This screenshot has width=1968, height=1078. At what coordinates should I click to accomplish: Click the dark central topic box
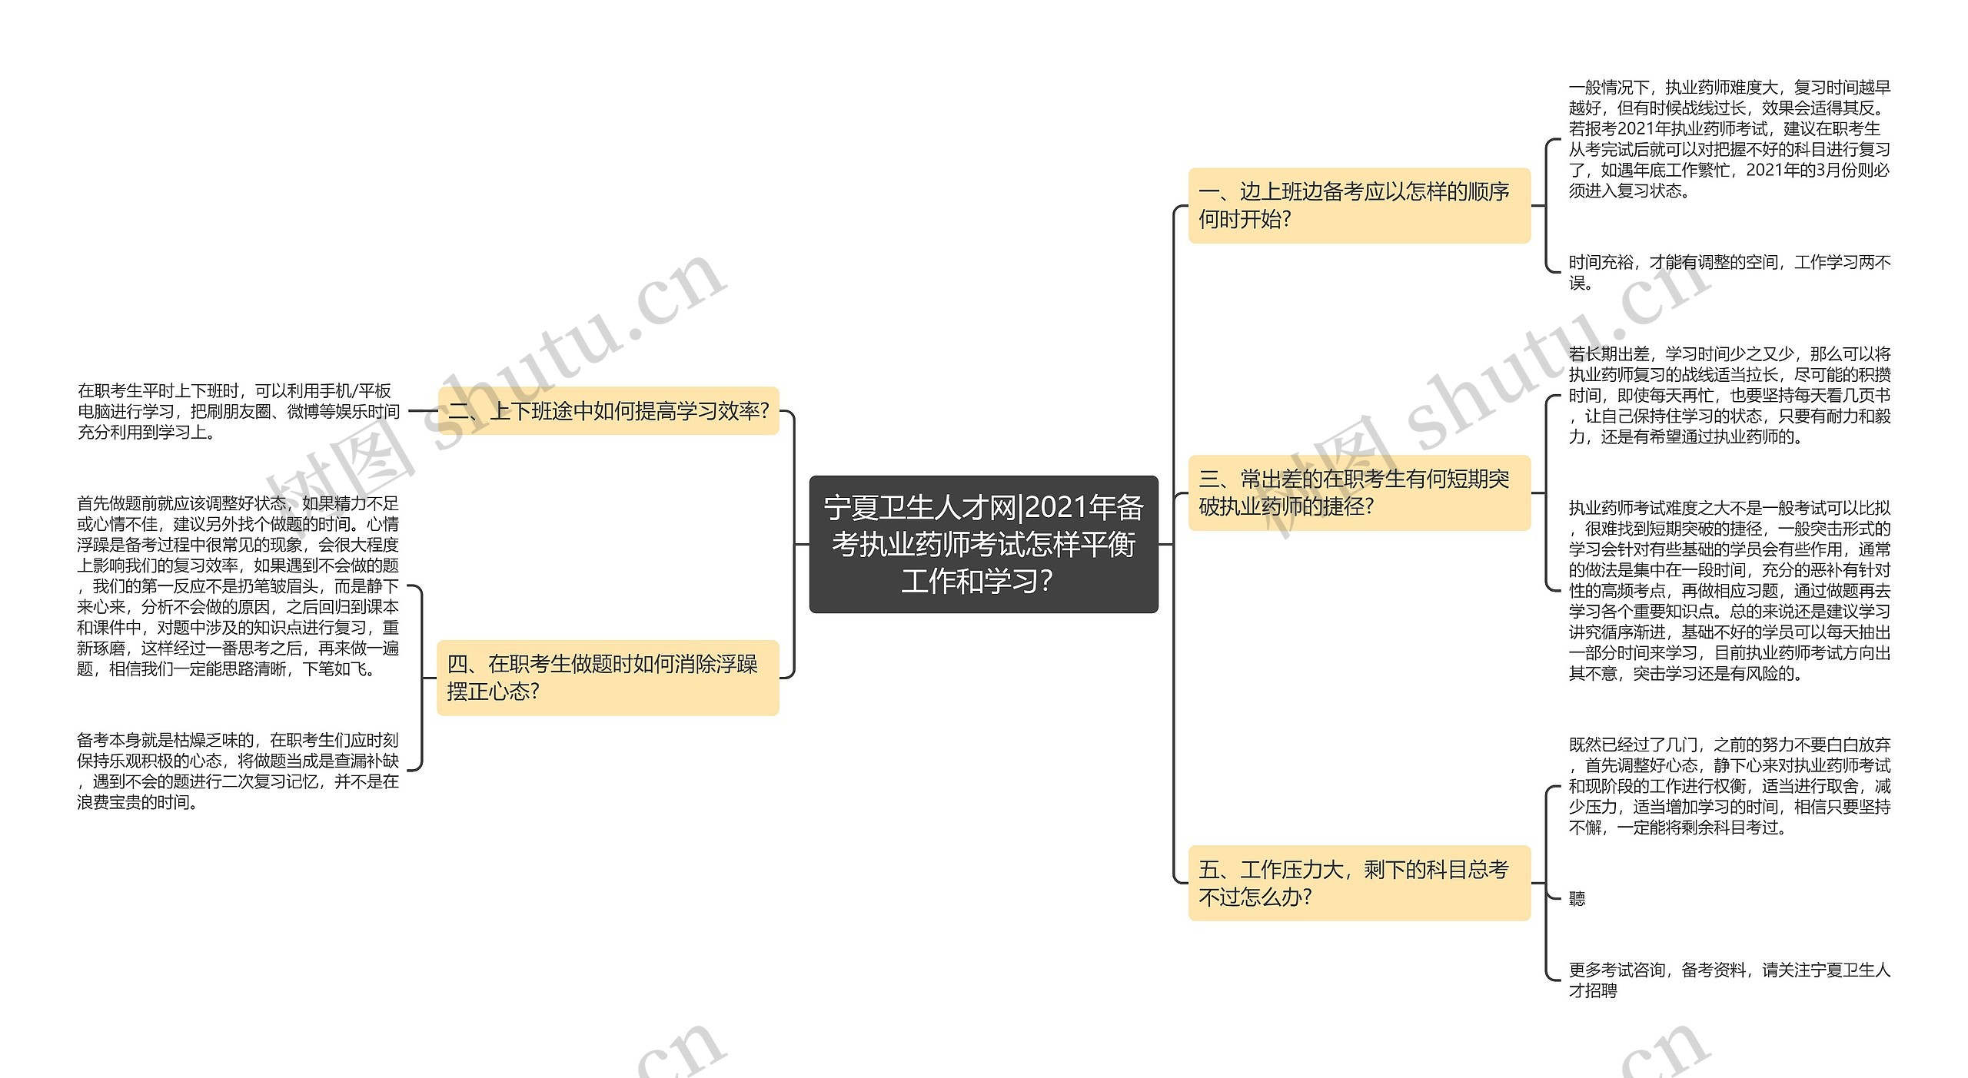tap(983, 544)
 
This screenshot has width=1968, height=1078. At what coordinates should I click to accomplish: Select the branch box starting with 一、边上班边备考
tap(1358, 205)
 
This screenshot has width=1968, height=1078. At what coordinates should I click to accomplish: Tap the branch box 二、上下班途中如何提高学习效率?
tap(608, 411)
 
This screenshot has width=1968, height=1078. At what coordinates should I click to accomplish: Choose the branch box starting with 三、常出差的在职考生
tap(1358, 493)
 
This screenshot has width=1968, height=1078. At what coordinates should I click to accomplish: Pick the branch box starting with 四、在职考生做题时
tap(607, 677)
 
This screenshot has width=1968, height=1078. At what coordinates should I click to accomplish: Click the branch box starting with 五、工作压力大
tap(1358, 883)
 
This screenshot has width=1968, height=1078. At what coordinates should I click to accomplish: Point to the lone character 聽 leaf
tap(1577, 898)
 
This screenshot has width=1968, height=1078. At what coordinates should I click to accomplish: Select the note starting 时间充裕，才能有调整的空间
tap(1729, 272)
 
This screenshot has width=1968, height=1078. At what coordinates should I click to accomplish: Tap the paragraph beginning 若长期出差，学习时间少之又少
tap(1729, 395)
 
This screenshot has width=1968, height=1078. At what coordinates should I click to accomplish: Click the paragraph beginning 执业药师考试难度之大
tap(1729, 590)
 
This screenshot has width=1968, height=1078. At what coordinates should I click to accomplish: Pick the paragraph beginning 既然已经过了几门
tap(1729, 785)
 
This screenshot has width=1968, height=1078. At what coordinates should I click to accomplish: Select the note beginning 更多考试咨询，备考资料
tap(1729, 980)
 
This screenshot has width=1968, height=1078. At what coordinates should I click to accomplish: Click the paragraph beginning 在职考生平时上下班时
tap(238, 411)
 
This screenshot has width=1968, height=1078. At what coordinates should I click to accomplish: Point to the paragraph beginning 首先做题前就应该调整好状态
tap(238, 585)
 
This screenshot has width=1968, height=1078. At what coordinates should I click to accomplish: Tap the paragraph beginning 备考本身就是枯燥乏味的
tap(238, 771)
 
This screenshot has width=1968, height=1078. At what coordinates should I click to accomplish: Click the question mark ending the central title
tap(1045, 581)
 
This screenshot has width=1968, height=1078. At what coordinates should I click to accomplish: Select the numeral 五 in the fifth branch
tap(1208, 870)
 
